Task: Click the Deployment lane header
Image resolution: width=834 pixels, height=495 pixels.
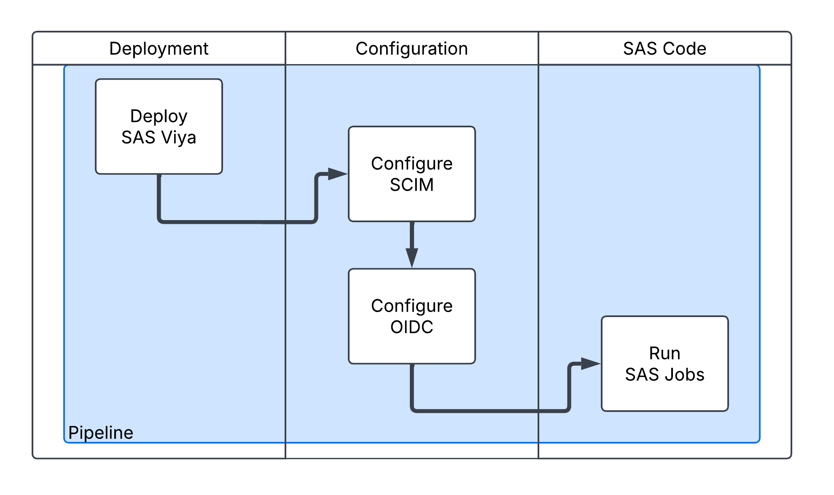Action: [159, 48]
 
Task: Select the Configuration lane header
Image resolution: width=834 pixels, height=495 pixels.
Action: [412, 48]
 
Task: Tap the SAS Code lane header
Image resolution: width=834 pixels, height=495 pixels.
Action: [665, 48]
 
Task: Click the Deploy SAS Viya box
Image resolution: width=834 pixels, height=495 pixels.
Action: [159, 126]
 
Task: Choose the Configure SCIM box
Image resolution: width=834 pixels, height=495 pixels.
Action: [412, 174]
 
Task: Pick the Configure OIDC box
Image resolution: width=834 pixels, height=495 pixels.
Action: [412, 316]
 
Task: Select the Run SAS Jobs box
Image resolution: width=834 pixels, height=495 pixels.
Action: [665, 363]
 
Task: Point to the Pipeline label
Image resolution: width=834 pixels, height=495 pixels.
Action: [101, 433]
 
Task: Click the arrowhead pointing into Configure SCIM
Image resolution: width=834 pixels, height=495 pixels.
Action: [337, 174]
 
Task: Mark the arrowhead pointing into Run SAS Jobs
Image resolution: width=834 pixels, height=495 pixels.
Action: [590, 363]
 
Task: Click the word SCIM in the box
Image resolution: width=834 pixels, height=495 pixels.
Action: [412, 185]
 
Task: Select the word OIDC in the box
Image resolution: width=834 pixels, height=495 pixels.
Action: [412, 327]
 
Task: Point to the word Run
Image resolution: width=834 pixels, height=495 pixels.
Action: [665, 353]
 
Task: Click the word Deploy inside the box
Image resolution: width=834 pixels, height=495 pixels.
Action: [159, 116]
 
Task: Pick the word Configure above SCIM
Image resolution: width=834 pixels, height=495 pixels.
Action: [412, 164]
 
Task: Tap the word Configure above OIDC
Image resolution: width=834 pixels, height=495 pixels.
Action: [412, 306]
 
